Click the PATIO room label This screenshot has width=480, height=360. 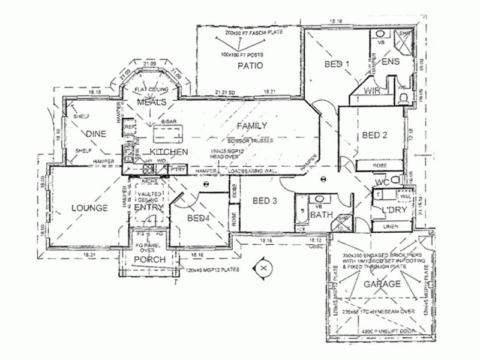coord(250,66)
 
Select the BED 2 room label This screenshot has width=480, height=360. coord(374,136)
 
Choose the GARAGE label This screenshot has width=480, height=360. coord(378,284)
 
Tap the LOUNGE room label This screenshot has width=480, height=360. coord(90,208)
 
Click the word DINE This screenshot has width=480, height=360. coord(96,133)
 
